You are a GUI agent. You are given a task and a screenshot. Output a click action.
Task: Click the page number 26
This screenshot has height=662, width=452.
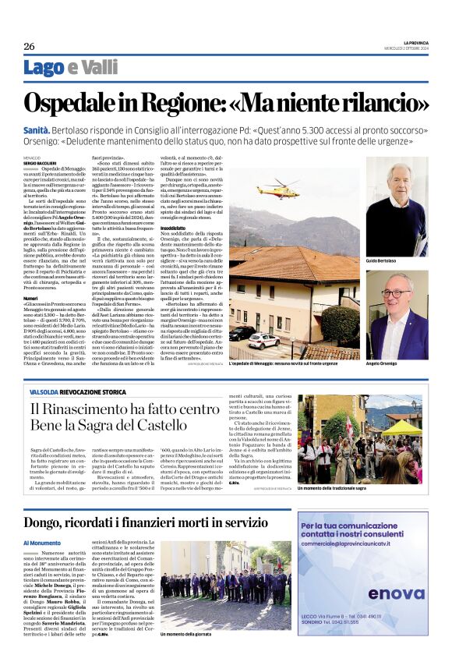pyautogui.click(x=29, y=46)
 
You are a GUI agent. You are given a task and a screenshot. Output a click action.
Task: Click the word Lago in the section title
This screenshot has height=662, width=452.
pyautogui.click(x=44, y=68)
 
